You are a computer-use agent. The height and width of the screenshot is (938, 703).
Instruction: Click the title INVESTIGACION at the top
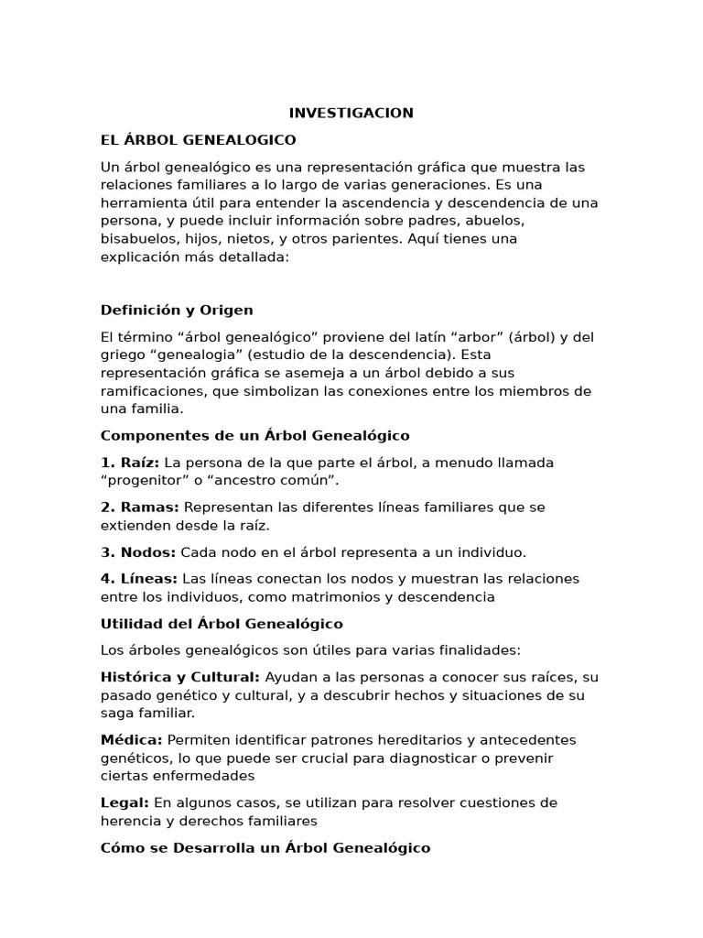point(351,113)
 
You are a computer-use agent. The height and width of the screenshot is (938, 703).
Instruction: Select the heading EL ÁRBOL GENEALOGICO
point(198,140)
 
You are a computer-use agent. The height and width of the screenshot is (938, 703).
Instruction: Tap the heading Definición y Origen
point(177,310)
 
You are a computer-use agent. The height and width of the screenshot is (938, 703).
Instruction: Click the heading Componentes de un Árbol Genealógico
point(254,435)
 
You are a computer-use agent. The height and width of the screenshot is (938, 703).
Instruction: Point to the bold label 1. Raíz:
point(130,463)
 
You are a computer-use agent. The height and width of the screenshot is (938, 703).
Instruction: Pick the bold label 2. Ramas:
point(140,507)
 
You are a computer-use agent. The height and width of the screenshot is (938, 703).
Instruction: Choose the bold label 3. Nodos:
point(138,552)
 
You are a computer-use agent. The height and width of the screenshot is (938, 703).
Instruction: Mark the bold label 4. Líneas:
point(139,579)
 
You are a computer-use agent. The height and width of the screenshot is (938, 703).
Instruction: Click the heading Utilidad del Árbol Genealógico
point(222,624)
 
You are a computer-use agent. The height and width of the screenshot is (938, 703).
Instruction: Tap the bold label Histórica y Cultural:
point(180,678)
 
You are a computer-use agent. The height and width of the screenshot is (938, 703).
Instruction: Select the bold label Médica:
point(132,740)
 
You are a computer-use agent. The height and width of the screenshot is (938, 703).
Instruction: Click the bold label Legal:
point(125,802)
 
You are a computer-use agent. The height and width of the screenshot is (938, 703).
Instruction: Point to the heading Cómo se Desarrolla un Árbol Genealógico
point(265,847)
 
